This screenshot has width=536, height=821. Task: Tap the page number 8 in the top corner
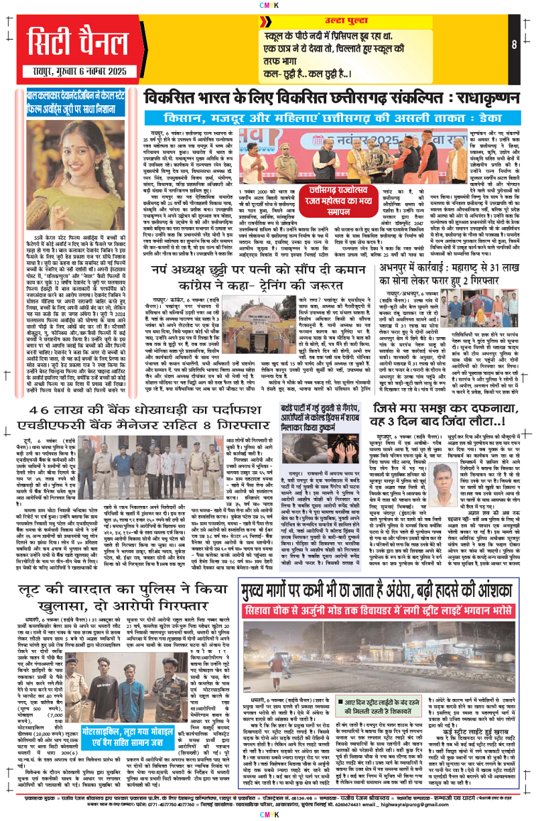[x=515, y=45]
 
